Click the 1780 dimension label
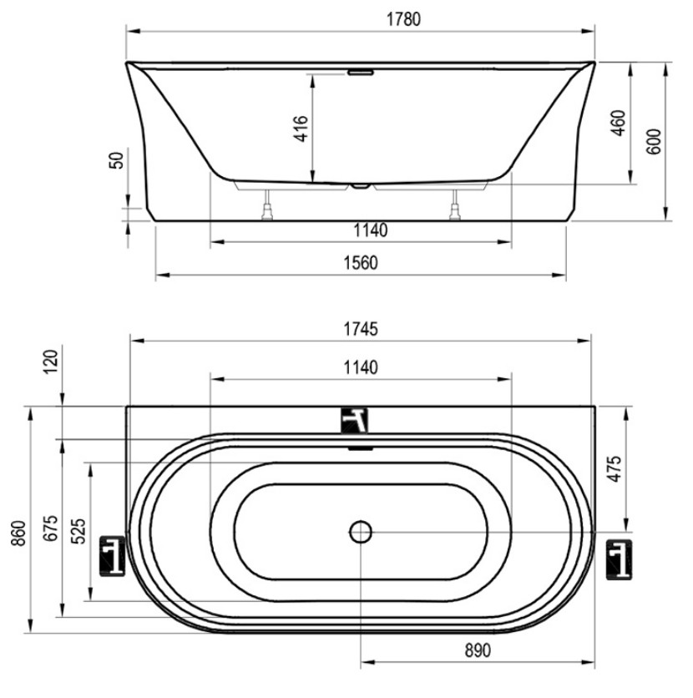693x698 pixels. pos(403,19)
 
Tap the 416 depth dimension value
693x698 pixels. pos(301,129)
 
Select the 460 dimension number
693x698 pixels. pos(618,123)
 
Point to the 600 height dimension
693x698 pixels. pos(654,142)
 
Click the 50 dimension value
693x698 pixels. pos(116,160)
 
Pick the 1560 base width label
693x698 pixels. pos(361,263)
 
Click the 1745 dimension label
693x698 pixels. pos(361,329)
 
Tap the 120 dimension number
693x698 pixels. pos(51,362)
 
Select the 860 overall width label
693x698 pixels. pos(18,534)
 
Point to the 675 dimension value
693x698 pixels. pos(51,528)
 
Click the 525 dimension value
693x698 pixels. pos(78,531)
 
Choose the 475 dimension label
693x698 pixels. pos(615,468)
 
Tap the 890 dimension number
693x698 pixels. pos(478,650)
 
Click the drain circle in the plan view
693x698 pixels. pos(361,532)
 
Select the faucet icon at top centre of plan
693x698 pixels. pos(355,421)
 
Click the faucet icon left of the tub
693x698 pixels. pos(112,556)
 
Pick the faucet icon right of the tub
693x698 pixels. pos(620,559)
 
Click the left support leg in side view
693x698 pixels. pos(267,205)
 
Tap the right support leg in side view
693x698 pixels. pos(455,205)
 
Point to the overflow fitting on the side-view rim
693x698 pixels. pos(361,72)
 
